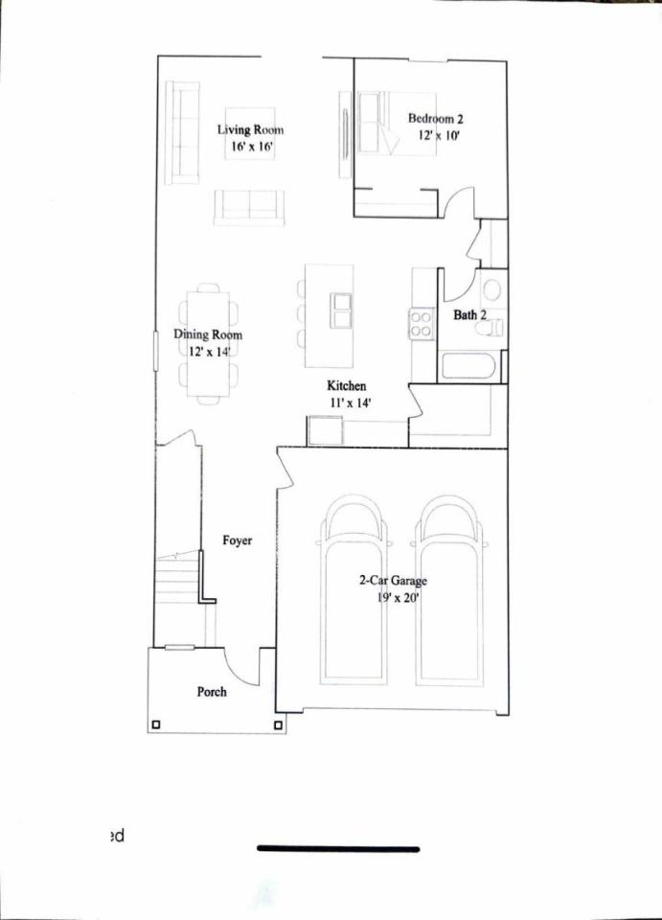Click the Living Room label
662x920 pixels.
pos(250,129)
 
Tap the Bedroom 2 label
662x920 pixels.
pos(436,119)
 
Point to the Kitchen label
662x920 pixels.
pos(347,385)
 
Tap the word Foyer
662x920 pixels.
pos(237,540)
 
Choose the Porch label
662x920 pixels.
pos(212,692)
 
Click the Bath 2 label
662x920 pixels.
pos(469,315)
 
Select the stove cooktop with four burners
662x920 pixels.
pos(421,324)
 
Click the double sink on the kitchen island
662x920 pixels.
pos(341,310)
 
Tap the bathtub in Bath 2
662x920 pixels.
pos(468,367)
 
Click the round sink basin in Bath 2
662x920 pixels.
pos(491,289)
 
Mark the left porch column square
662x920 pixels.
pos(155,725)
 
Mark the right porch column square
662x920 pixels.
pos(279,725)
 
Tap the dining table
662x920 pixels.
pos(208,344)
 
